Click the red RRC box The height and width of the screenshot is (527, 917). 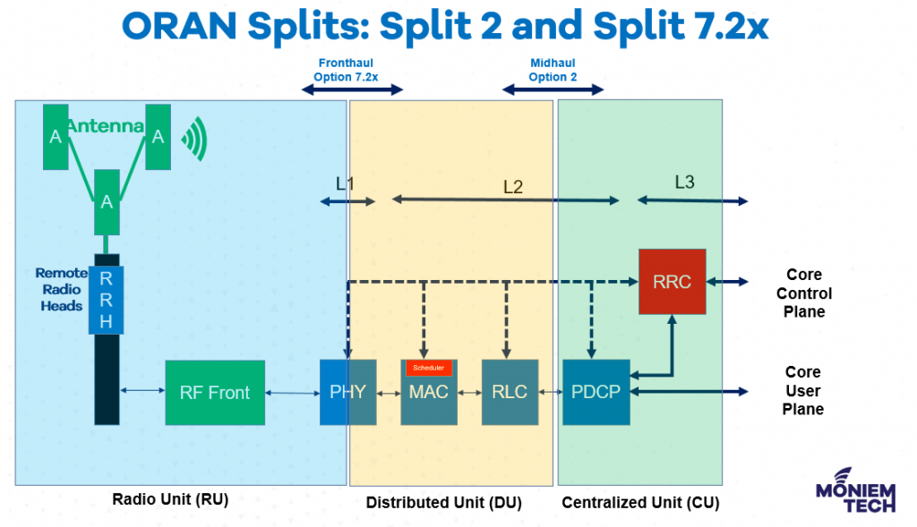(x=672, y=281)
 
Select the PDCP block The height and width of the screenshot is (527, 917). (x=596, y=392)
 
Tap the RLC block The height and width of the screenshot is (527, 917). (x=510, y=392)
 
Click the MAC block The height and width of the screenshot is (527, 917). (x=428, y=394)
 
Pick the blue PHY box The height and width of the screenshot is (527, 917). (x=347, y=392)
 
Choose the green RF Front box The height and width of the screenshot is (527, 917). (x=215, y=392)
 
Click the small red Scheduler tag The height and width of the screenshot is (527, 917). (x=428, y=368)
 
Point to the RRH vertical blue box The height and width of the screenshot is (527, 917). (x=106, y=300)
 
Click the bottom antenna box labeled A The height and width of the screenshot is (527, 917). (x=107, y=201)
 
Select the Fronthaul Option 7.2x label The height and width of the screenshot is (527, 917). (x=346, y=71)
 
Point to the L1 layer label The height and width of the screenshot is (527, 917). (x=345, y=183)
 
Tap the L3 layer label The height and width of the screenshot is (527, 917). (x=684, y=183)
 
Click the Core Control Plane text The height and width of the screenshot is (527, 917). (x=803, y=293)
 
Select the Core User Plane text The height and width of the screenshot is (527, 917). (x=803, y=390)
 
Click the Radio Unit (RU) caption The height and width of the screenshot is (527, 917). (x=170, y=499)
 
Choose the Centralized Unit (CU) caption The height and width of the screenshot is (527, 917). (x=639, y=503)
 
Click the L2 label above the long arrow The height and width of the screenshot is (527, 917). (x=513, y=187)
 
